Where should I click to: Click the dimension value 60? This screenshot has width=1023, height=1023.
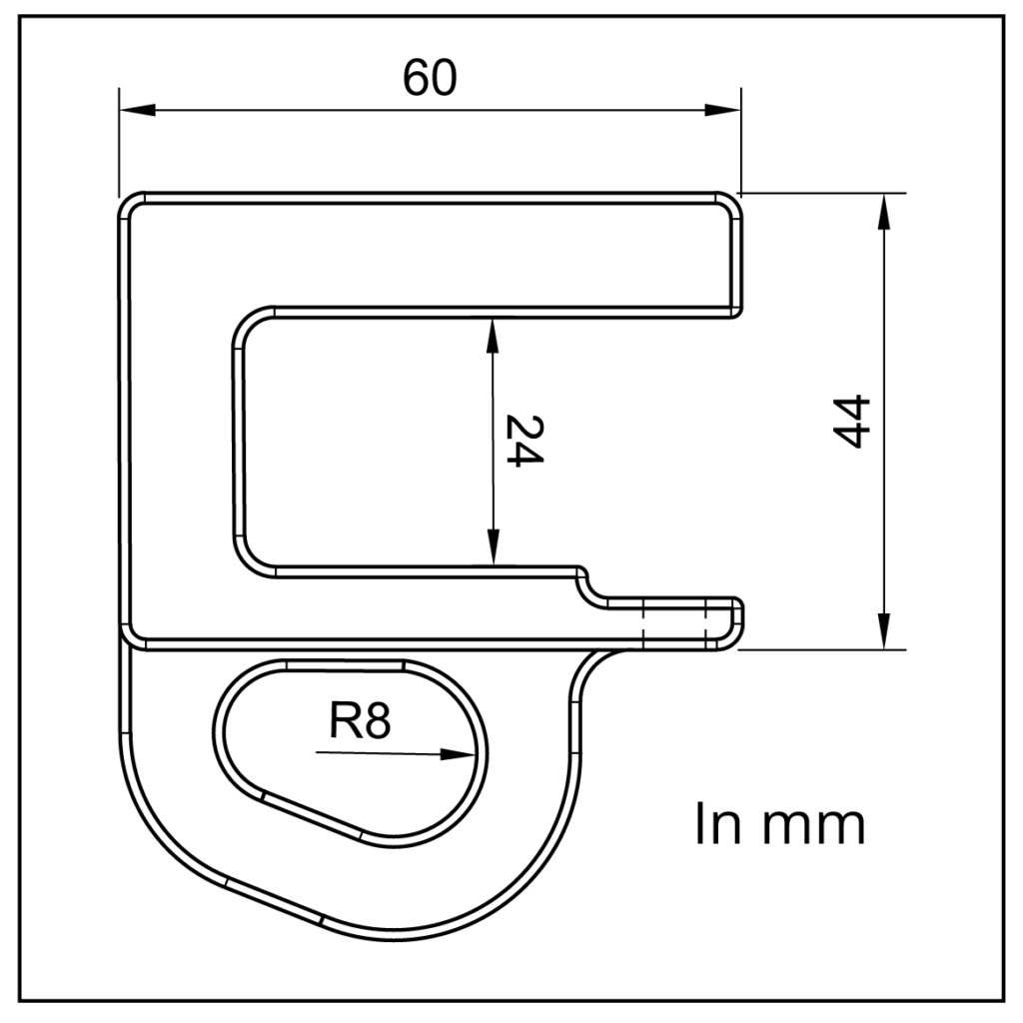[430, 78]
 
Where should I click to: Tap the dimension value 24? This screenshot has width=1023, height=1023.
[522, 441]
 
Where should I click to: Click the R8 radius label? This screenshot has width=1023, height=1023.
[359, 720]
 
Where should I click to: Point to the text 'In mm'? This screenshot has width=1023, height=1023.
[779, 824]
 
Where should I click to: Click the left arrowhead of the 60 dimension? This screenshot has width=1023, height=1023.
[136, 109]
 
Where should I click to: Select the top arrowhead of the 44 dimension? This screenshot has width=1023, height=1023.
[883, 211]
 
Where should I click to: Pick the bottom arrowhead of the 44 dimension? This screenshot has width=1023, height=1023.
[883, 631]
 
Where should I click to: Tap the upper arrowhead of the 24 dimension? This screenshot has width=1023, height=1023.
[491, 336]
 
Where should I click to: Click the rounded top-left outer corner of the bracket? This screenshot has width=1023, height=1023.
[130, 204]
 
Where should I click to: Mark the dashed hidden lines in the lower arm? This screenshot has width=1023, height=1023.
[675, 623]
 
